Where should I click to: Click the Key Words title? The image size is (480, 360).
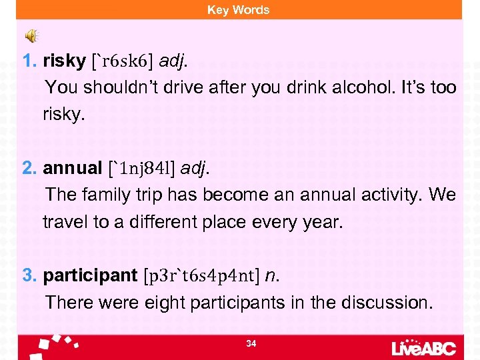coord(238,9)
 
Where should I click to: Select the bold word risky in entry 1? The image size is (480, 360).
coord(64,61)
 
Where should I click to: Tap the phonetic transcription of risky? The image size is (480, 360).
coord(126,61)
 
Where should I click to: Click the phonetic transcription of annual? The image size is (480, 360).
coord(142,169)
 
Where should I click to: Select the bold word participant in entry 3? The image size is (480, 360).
coord(89,275)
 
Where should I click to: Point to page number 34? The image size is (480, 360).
coord(251,343)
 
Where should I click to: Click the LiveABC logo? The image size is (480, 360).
coord(425,347)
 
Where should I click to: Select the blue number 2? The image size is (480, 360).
coord(30,168)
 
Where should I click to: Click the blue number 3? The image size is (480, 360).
coord(30,275)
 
